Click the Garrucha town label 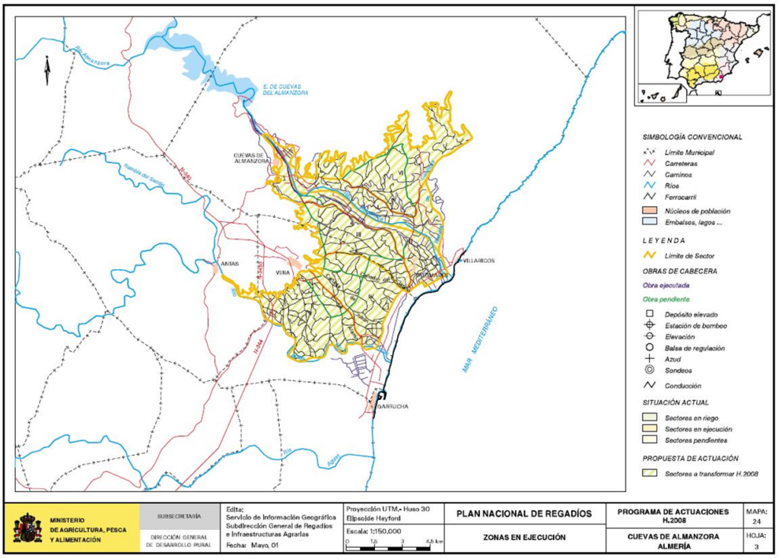pyautogui.click(x=394, y=407)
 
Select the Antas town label pyautogui.click(x=229, y=264)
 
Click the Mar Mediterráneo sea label pyautogui.click(x=479, y=339)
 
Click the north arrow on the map pyautogui.click(x=46, y=71)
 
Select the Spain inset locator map pyautogui.click(x=701, y=56)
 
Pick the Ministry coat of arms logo pyautogui.click(x=28, y=528)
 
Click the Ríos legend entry pyautogui.click(x=674, y=186)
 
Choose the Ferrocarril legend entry pyautogui.click(x=681, y=196)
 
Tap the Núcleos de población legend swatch pyautogui.click(x=649, y=209)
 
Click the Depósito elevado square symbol pyautogui.click(x=649, y=314)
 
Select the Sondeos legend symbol pyautogui.click(x=649, y=370)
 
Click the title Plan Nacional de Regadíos pyautogui.click(x=523, y=513)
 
